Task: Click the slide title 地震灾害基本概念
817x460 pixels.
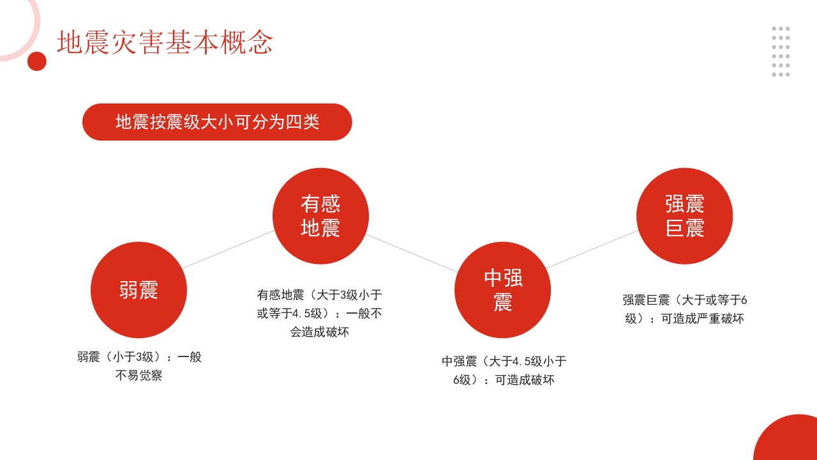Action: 165,42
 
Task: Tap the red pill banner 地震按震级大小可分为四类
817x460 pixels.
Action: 217,122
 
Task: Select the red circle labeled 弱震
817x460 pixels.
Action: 139,290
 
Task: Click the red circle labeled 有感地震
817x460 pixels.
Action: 320,216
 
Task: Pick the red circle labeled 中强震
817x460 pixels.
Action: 502,290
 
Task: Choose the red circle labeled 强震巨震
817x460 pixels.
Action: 684,216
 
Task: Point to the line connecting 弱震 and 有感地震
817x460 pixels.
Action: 229,249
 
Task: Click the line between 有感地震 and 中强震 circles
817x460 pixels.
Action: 412,253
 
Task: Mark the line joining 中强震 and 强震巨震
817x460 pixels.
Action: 592,249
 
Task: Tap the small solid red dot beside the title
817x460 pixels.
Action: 37,61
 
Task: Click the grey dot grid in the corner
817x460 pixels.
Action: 781,52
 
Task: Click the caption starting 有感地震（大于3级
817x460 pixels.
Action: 319,313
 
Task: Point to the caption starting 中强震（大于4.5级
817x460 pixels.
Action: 504,371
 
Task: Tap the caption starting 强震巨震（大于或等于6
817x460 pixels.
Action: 684,309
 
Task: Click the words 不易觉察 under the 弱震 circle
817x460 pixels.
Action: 139,376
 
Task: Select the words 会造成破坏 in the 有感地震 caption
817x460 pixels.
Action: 319,332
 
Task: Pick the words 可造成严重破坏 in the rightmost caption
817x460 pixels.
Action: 702,319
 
